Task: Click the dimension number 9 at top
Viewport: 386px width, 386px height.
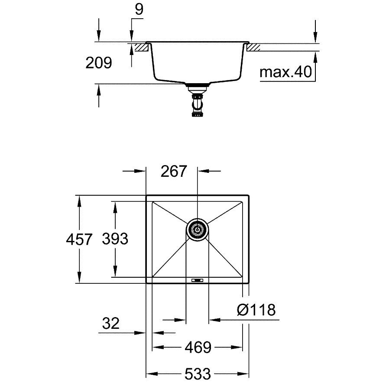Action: click(139, 10)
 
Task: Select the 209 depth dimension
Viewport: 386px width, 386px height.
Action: click(99, 62)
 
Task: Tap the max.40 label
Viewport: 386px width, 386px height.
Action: click(286, 72)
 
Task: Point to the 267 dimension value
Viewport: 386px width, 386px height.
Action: click(174, 171)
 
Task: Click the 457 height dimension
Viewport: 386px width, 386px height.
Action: click(79, 239)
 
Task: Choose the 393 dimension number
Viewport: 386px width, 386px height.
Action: click(115, 239)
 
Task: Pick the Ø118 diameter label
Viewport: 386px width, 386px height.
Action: click(256, 310)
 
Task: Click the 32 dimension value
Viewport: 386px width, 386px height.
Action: click(111, 323)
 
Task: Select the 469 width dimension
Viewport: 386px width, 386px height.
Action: click(198, 347)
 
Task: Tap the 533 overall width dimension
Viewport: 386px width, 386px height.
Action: click(198, 374)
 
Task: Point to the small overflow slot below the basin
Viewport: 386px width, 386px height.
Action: click(198, 280)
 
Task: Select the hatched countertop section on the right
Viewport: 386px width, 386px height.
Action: click(253, 47)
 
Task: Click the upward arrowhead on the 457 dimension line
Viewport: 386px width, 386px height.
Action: click(79, 201)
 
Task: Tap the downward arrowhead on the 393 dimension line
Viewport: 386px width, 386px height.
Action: click(115, 271)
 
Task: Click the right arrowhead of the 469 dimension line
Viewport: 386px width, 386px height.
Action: click(237, 347)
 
